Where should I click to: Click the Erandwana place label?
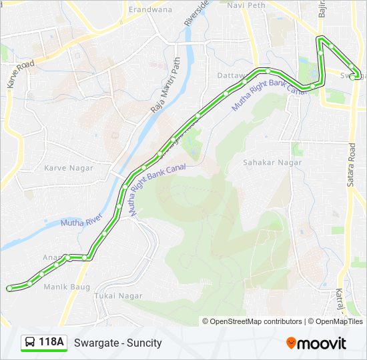150,10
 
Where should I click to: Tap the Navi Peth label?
246,5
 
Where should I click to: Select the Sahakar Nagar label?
272,162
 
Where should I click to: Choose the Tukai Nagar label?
119,295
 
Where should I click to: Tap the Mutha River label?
81,223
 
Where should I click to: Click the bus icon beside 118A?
30,343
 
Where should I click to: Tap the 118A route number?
52,343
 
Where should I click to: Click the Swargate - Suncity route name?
118,343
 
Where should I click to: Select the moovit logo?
316,343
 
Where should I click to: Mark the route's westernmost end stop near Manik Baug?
9,288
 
